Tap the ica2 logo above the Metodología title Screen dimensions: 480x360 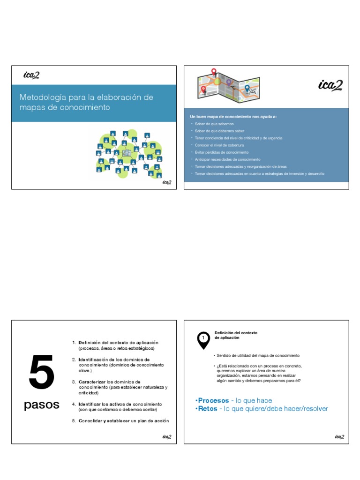31,75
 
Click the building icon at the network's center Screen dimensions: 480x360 126,153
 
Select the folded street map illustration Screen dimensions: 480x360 228,86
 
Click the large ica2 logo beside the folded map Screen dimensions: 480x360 330,85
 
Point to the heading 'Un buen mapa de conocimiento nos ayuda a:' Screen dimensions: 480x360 233,116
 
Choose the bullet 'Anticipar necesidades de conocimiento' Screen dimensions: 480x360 225,159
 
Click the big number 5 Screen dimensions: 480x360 42,373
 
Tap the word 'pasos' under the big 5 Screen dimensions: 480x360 42,405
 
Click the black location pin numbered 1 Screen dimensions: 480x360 203,339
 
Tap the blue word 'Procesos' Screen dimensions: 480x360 213,401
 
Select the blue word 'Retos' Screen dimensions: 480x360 208,409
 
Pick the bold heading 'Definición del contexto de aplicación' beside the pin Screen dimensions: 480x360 236,335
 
